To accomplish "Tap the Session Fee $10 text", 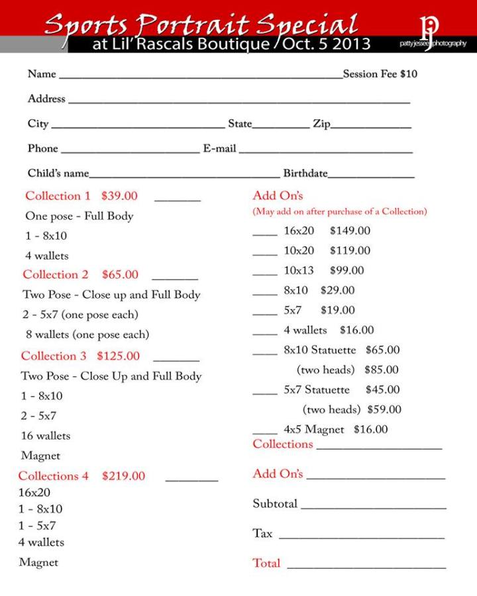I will pos(380,74).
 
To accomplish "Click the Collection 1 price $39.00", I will pos(119,196).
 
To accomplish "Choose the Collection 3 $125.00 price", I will pos(119,356).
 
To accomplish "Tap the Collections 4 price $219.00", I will pos(123,476).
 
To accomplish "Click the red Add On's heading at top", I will pos(278,196).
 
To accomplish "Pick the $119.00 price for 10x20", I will pos(350,251).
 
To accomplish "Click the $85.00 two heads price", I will pos(382,370).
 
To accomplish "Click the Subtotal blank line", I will pos(374,508).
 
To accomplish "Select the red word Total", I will pos(266,564).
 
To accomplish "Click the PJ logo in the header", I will pos(430,26).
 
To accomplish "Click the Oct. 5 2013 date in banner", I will pos(327,44).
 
